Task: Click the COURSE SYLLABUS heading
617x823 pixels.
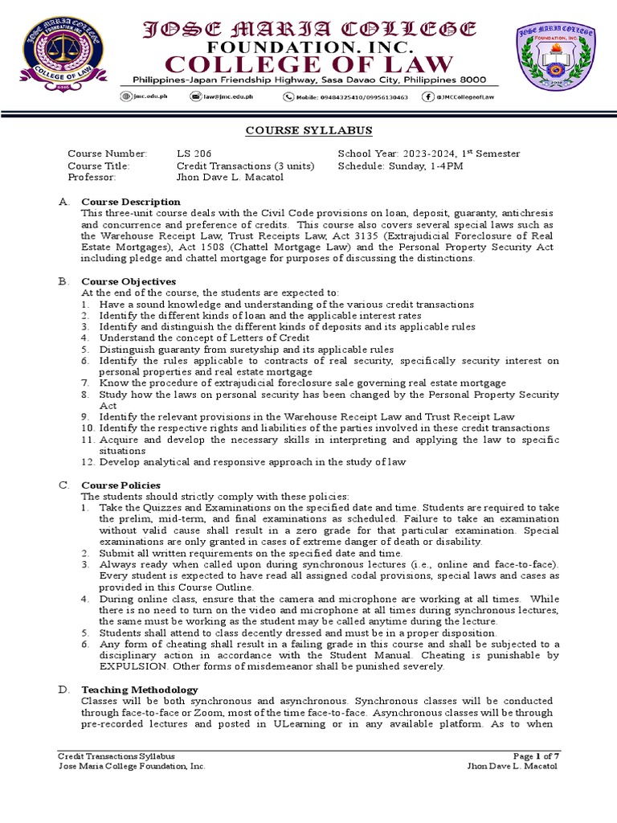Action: pyautogui.click(x=308, y=131)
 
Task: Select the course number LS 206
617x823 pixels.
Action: pyautogui.click(x=194, y=154)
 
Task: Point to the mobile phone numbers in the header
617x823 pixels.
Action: pyautogui.click(x=350, y=97)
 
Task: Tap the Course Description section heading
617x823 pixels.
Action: pyautogui.click(x=130, y=201)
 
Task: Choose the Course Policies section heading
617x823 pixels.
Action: pyautogui.click(x=121, y=485)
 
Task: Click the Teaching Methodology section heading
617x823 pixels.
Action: pyautogui.click(x=139, y=690)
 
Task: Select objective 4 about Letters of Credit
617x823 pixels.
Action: pyautogui.click(x=212, y=338)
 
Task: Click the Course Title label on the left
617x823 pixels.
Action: pyautogui.click(x=99, y=166)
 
